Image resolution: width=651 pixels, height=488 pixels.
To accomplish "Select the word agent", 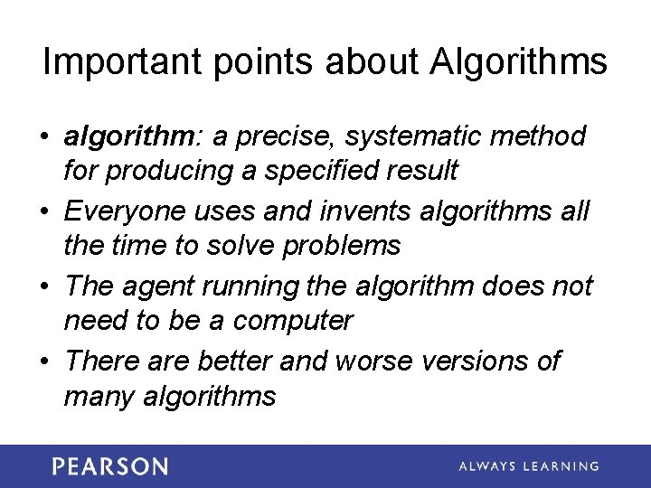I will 158,286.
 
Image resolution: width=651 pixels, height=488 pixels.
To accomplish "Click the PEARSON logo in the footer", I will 109,466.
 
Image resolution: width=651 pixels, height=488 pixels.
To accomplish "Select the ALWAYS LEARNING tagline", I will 528,466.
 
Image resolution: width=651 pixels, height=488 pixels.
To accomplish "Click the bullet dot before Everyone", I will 44,212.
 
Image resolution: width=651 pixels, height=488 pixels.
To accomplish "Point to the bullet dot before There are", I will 44,362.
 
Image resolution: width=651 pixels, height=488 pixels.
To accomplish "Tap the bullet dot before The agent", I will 44,287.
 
